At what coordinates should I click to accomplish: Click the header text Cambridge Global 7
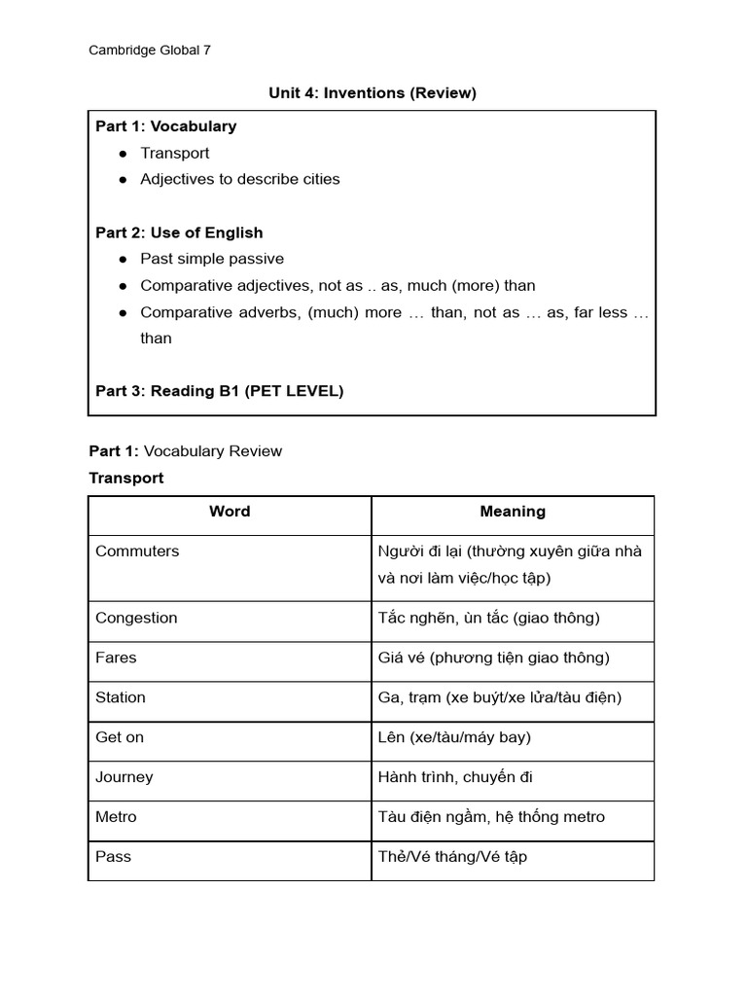point(150,51)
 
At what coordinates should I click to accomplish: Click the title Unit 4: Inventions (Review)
point(373,93)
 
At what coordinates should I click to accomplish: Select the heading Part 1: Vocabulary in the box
point(165,126)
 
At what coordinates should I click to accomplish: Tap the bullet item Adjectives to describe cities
point(240,179)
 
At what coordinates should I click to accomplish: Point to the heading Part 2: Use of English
point(179,232)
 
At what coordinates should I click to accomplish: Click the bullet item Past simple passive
point(212,259)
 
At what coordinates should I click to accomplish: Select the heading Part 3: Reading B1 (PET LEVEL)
point(219,391)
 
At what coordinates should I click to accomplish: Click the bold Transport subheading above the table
point(126,478)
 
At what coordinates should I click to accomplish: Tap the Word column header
point(230,512)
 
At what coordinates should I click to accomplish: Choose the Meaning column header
point(513,512)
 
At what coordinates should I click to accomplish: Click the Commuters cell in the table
point(137,551)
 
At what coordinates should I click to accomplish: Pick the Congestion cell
point(136,618)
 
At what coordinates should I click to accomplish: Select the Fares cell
point(116,658)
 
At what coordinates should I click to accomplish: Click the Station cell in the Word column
point(121,697)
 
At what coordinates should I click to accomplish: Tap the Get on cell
point(120,737)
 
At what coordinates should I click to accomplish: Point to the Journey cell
point(124,777)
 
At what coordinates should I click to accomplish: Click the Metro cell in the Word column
point(116,817)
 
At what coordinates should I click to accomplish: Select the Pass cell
point(113,857)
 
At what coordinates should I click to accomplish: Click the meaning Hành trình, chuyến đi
point(455,777)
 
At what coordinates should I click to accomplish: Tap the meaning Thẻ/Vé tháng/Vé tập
point(452,857)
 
